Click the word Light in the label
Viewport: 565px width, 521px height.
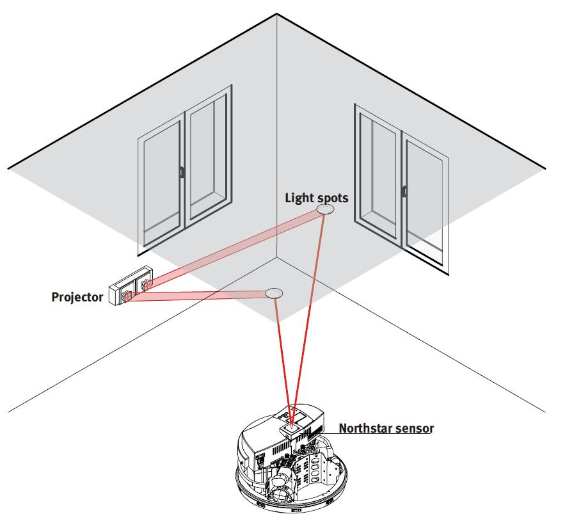click(299, 198)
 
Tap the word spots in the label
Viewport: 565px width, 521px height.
click(331, 198)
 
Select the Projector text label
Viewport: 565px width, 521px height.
click(77, 297)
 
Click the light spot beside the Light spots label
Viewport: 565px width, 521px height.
click(325, 210)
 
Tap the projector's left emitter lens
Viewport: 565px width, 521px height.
click(127, 296)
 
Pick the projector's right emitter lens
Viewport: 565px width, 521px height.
click(147, 284)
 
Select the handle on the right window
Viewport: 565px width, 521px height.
click(404, 190)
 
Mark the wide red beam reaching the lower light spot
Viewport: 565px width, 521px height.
click(198, 295)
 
